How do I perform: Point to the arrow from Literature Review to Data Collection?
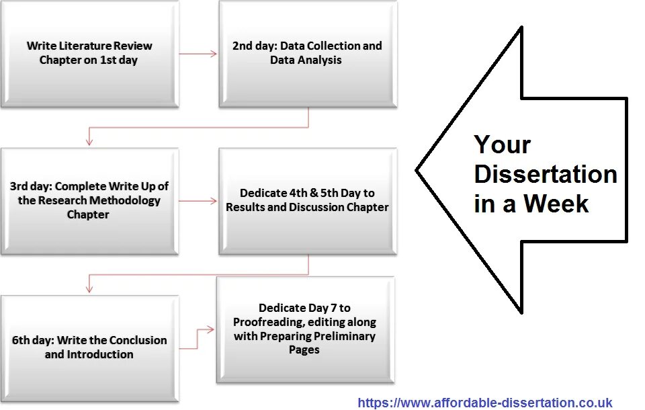coord(199,53)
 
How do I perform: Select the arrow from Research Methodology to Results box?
coord(199,200)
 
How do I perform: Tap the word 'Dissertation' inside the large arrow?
coord(545,174)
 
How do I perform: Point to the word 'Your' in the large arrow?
coord(502,145)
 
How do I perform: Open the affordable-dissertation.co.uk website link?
coord(484,403)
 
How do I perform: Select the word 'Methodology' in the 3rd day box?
coord(128,200)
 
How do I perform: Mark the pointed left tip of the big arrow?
coord(418,170)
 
